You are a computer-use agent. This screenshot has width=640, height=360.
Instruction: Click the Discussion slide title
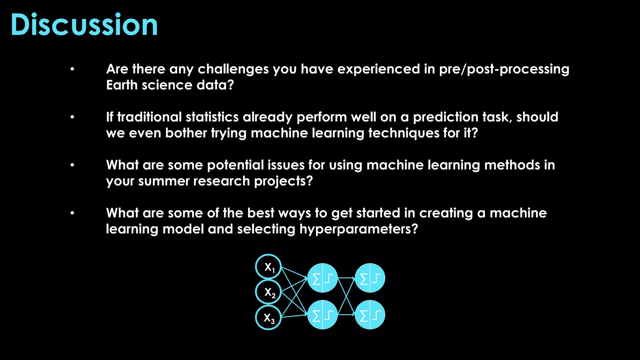pyautogui.click(x=84, y=25)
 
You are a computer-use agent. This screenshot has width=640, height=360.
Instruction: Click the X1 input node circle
pyautogui.click(x=268, y=267)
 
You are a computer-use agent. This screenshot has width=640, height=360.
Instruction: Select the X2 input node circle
pyautogui.click(x=268, y=292)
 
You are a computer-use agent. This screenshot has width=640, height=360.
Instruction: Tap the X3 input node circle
pyautogui.click(x=268, y=317)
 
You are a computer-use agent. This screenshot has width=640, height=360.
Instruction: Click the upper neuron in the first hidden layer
pyautogui.click(x=322, y=278)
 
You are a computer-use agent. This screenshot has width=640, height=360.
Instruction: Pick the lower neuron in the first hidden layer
pyautogui.click(x=322, y=315)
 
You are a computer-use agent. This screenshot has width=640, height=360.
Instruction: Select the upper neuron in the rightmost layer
pyautogui.click(x=370, y=278)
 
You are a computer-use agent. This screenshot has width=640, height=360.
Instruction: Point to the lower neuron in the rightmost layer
pyautogui.click(x=370, y=315)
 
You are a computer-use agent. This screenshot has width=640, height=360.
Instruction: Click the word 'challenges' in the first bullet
pyautogui.click(x=233, y=69)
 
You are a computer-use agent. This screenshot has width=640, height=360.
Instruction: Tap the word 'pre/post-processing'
pyautogui.click(x=504, y=69)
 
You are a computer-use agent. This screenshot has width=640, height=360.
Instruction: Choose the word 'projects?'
pyautogui.click(x=283, y=181)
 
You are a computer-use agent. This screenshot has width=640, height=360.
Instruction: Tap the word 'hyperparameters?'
pyautogui.click(x=358, y=229)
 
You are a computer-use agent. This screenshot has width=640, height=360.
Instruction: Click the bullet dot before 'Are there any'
pyautogui.click(x=72, y=69)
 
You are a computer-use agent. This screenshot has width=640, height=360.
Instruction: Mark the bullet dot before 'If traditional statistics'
pyautogui.click(x=72, y=117)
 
